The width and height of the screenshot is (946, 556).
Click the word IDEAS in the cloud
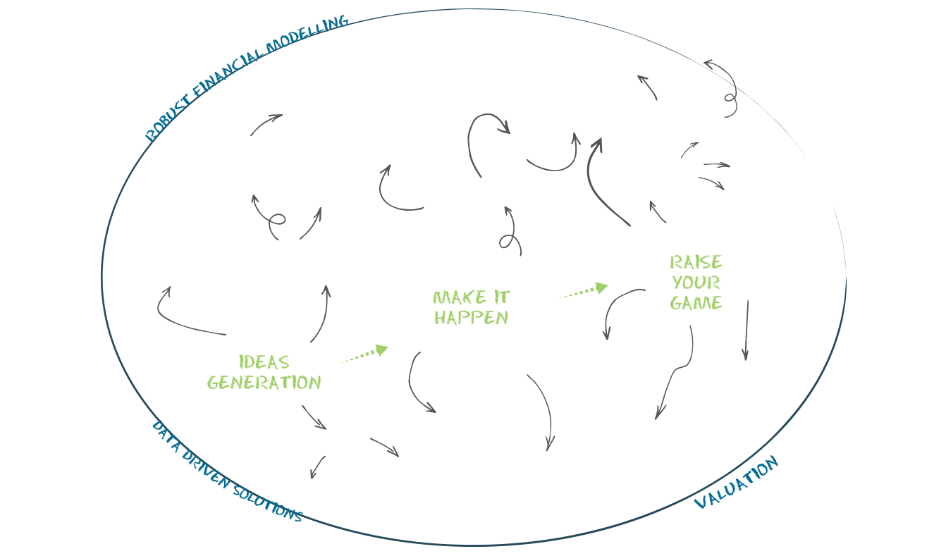coord(264,362)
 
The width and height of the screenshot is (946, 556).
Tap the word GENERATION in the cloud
coord(264,383)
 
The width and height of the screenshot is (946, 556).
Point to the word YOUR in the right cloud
coord(696,283)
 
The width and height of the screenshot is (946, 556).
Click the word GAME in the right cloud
coord(696,303)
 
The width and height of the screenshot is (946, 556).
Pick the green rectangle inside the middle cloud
coord(472,307)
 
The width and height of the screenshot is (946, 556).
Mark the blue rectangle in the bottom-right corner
coord(738,478)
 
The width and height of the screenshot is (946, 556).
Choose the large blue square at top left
coord(203,95)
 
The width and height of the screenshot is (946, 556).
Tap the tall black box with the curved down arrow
coord(541,412)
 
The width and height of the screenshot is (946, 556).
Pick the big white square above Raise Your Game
coord(653,172)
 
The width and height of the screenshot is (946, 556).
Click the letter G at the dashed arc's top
coord(343,21)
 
